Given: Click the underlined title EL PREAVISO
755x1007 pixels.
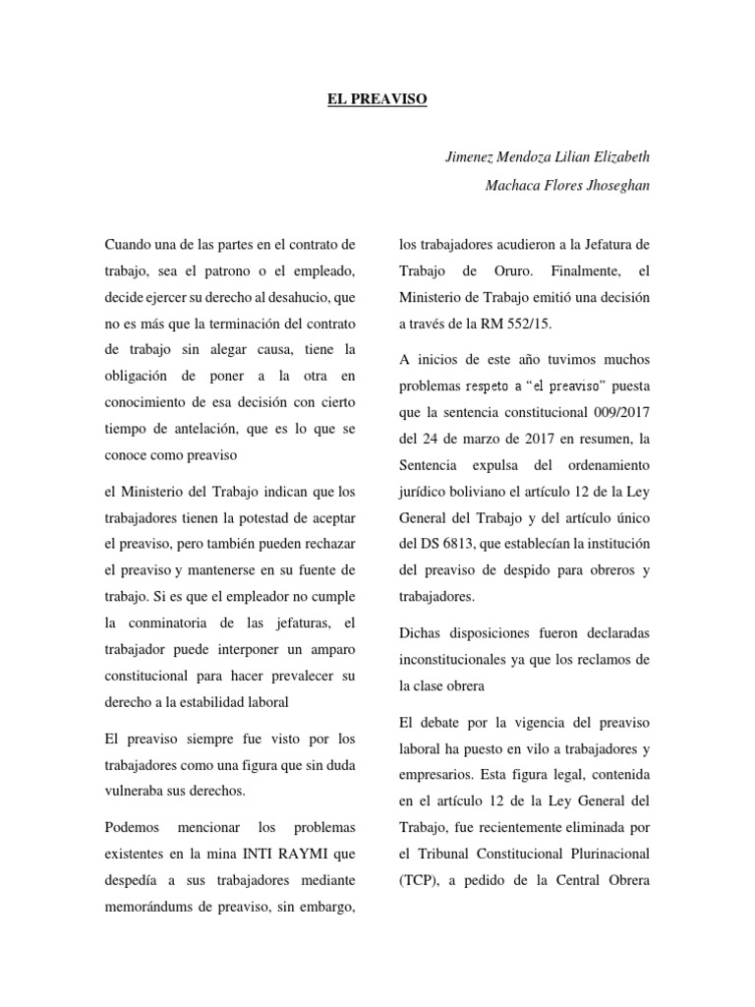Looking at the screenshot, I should click(x=377, y=99).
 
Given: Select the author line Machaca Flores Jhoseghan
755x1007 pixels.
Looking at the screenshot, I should click(x=568, y=185).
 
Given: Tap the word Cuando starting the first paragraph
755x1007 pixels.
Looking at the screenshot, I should click(x=128, y=243).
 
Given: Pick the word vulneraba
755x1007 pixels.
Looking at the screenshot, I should click(x=136, y=791).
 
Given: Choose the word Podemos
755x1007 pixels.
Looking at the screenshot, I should click(x=138, y=825).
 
